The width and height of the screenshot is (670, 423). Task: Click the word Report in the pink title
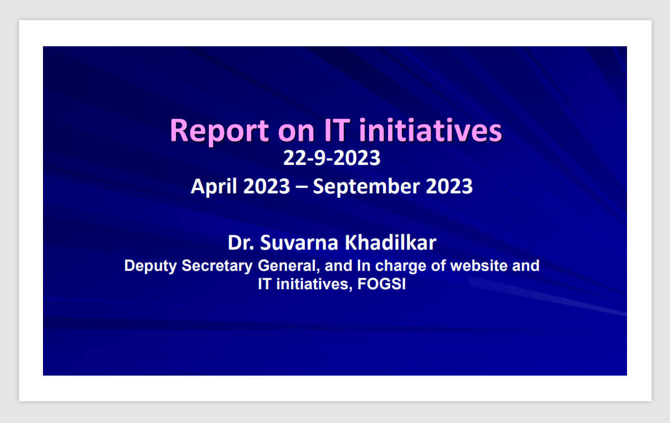coord(219,132)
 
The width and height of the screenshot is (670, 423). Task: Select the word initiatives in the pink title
coord(430,130)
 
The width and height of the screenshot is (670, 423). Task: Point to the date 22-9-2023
coord(332,158)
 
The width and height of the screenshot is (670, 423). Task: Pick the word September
coord(366,187)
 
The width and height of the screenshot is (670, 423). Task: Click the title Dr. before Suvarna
coord(241,242)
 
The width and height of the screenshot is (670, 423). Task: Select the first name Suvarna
coord(299,242)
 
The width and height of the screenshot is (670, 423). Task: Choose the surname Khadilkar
coord(391,242)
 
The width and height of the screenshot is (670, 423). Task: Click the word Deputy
coord(150,266)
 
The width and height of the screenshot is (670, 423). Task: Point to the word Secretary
coord(217,266)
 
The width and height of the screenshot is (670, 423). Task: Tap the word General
coord(289,266)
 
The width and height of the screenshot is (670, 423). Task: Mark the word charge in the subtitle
coord(400,266)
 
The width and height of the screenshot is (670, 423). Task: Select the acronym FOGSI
coord(381,284)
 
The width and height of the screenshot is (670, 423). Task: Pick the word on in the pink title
coord(296,133)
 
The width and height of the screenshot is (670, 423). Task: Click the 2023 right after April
coord(266,186)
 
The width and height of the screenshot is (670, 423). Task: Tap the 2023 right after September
coord(449,186)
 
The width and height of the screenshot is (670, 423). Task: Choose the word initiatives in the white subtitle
coord(312,284)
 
